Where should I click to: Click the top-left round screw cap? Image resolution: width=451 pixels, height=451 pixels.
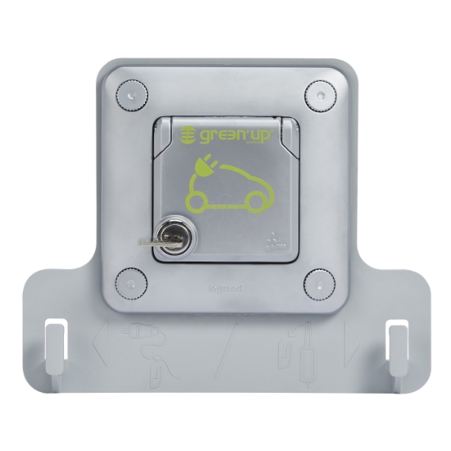click(x=132, y=94)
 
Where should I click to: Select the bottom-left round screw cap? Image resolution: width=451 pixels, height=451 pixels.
click(x=132, y=283)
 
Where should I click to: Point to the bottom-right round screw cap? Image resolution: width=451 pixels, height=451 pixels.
click(x=319, y=283)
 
